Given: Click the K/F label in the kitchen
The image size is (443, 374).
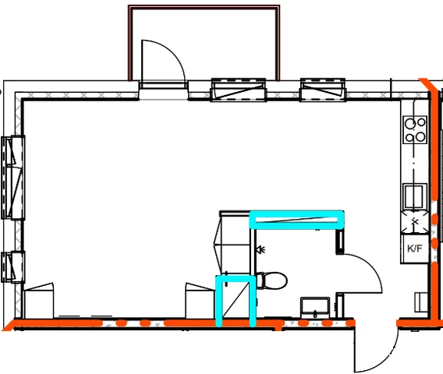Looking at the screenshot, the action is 414,249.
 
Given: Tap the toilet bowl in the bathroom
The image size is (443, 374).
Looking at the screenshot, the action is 271,280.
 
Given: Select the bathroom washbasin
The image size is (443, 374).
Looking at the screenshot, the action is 315,307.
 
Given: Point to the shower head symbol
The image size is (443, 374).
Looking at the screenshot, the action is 261,249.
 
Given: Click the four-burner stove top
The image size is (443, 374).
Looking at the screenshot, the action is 415,130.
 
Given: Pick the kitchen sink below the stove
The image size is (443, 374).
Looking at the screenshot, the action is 414,196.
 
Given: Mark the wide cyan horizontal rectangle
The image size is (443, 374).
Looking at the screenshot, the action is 296,220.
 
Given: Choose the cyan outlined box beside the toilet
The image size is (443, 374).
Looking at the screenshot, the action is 236,301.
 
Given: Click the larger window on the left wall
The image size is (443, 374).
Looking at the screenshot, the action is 12,178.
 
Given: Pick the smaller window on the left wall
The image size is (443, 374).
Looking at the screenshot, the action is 12,266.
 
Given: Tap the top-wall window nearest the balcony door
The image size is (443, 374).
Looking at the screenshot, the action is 239,90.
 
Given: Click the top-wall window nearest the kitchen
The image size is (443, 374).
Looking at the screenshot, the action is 323,90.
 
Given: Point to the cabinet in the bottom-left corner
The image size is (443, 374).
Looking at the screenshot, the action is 39,301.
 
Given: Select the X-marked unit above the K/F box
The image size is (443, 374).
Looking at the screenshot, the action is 414,222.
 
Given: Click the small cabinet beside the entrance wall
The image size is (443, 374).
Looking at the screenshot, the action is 421,302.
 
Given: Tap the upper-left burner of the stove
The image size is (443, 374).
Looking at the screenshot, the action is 409,123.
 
